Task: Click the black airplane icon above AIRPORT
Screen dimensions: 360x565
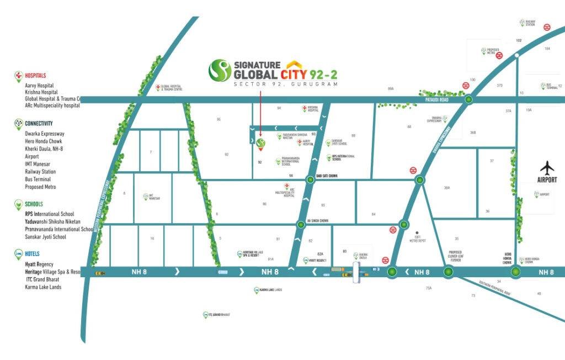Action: pyautogui.click(x=547, y=167)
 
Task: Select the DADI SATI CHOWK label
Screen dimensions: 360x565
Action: pyautogui.click(x=326, y=176)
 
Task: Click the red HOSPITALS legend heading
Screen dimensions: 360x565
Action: pyautogui.click(x=35, y=75)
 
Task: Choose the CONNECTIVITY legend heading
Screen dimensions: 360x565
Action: pyautogui.click(x=39, y=123)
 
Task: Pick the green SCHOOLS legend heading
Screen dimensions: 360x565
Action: pyautogui.click(x=34, y=204)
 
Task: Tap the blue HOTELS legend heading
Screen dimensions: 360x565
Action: pyautogui.click(x=33, y=254)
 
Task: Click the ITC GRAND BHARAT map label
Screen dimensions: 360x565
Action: pyautogui.click(x=219, y=315)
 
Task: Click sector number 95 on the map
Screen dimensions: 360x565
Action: pyautogui.click(x=218, y=119)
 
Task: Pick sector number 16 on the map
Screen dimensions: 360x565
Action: pyautogui.click(x=152, y=239)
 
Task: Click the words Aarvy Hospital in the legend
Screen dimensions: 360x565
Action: pyautogui.click(x=39, y=86)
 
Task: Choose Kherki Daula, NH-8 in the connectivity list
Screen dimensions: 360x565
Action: pyautogui.click(x=44, y=149)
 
